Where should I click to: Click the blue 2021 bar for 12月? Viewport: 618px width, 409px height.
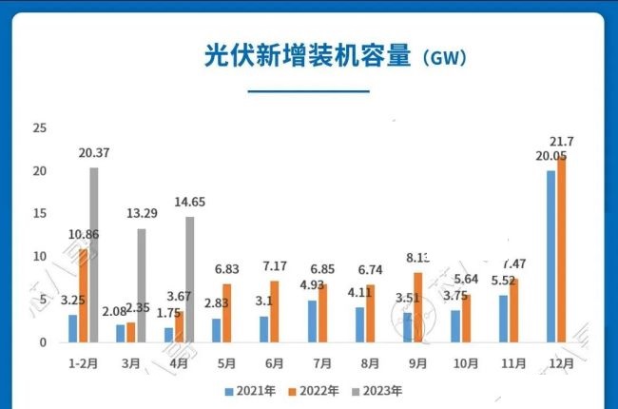(550, 256)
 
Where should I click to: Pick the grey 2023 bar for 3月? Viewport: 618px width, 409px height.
(142, 285)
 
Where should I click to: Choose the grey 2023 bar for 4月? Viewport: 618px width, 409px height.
(189, 280)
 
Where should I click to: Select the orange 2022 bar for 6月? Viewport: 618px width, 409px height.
(275, 311)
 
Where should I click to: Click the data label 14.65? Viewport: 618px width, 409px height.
(189, 202)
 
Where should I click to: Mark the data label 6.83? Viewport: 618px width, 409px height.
(234, 269)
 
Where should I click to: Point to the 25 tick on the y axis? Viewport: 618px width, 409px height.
(39, 127)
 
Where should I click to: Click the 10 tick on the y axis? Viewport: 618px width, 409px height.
(39, 257)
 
